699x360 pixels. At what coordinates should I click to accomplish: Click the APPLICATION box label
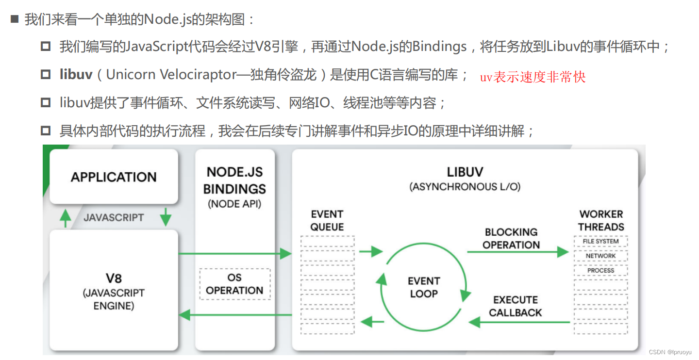click(114, 177)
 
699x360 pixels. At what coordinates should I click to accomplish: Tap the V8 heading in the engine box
click(114, 278)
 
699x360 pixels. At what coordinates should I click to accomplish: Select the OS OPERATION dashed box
click(234, 284)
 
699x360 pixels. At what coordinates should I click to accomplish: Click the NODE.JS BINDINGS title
click(234, 180)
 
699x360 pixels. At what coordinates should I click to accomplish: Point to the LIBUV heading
click(465, 172)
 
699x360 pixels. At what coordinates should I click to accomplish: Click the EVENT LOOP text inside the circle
click(423, 287)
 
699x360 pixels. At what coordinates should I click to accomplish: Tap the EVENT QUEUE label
click(327, 220)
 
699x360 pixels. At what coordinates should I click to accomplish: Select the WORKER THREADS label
click(600, 220)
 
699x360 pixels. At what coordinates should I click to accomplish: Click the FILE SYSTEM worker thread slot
click(600, 241)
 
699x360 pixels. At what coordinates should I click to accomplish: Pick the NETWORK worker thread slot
click(600, 256)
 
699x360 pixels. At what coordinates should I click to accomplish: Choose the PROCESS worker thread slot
click(600, 270)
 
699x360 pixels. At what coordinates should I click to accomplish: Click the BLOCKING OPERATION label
click(511, 238)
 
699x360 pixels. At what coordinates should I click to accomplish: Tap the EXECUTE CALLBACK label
click(515, 306)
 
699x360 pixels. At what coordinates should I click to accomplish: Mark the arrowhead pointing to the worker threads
click(563, 252)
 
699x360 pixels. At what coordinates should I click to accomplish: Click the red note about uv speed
click(533, 77)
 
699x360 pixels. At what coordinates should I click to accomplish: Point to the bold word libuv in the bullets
click(76, 75)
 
